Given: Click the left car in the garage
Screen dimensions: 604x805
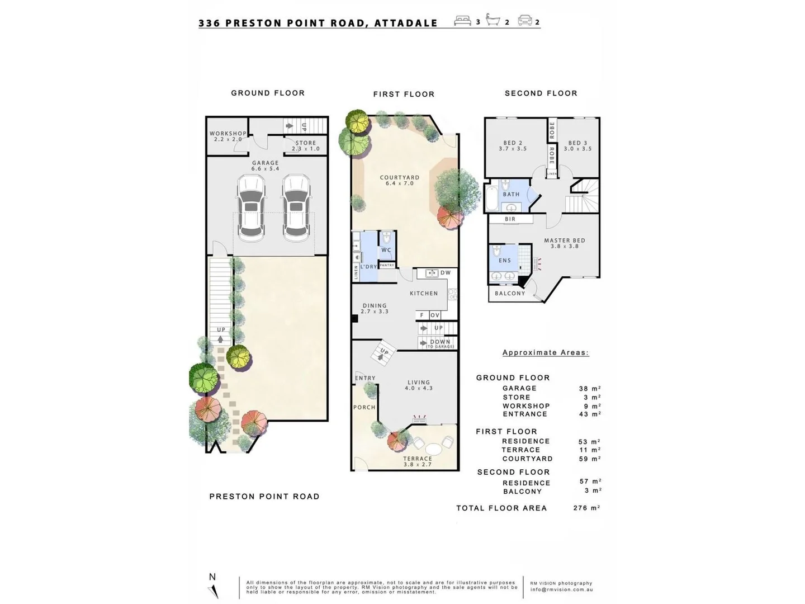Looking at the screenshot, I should pos(251,207).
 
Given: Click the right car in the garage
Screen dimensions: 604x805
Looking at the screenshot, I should pos(296,207).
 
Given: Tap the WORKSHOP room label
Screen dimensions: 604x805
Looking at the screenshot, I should pos(228,134).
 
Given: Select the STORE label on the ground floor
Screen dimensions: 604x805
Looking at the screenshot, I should pos(306,143).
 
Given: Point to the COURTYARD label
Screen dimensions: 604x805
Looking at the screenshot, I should pos(399,178).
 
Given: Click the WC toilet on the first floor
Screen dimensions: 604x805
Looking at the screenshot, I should pos(386,239).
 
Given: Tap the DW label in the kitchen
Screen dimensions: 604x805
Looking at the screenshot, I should pos(446,273).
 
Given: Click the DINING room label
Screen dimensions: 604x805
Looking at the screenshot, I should pos(374,306).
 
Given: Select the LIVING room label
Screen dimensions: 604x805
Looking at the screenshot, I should pos(419,383).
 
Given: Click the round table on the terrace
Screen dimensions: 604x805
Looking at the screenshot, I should pos(433,449).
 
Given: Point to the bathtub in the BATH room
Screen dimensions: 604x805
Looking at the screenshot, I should pos(491,198).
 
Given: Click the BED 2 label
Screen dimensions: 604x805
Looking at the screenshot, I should pos(513,143).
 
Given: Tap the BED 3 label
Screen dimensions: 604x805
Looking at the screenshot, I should pos(577,143).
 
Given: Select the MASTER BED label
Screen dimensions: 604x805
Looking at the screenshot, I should pos(565,240).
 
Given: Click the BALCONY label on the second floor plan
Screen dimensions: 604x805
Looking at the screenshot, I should pos(510,293).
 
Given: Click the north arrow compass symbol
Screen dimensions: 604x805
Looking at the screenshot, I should pos(213,590).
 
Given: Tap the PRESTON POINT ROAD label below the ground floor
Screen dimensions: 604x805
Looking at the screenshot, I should pos(264,497).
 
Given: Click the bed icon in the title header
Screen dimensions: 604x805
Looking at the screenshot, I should pos(462,21).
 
